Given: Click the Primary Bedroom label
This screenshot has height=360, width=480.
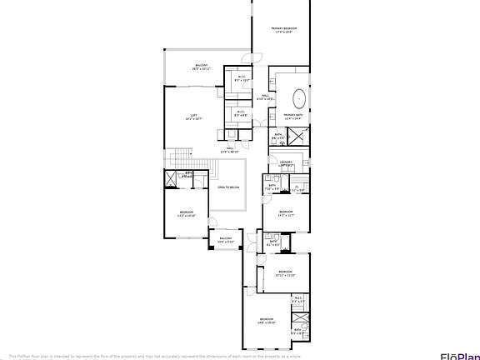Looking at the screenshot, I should coord(282,30).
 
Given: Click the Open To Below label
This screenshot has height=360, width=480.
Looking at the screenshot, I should coord(228,187).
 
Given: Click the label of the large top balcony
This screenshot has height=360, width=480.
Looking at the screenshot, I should coord(202,67).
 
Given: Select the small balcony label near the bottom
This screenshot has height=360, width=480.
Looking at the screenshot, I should coord(226,240).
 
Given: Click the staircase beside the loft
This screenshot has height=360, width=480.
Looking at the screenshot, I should coord(178,159).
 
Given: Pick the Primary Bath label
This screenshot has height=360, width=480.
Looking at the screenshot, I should coord(292,117).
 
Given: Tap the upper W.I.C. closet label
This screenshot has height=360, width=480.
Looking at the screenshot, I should coord(242,79).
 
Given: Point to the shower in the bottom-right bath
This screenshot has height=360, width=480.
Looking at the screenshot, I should coord(298,319).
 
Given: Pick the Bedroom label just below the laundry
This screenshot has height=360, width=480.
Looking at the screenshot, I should coord(286,213).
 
